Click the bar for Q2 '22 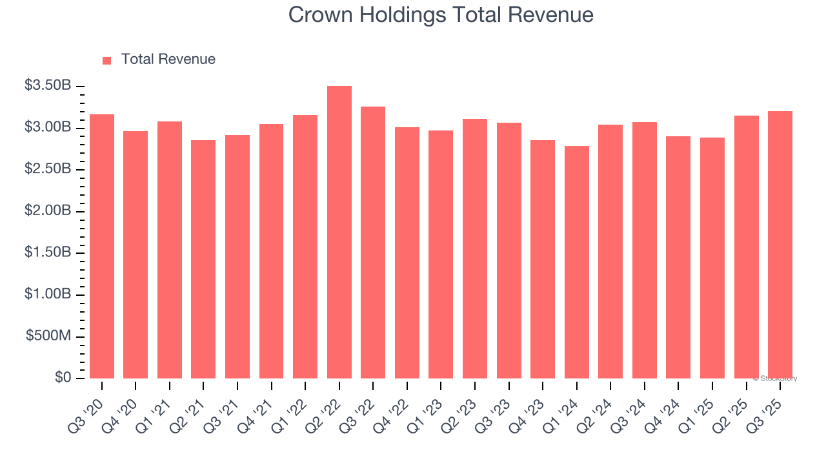coord(339,232)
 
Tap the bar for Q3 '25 coord(780,245)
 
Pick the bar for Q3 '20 coord(102,246)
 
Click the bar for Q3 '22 coord(373,242)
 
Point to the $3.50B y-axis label coord(48,86)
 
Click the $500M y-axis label coord(48,336)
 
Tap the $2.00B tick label coord(48,211)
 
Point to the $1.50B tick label coord(48,253)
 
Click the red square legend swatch coord(107,60)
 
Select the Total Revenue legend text coord(168,59)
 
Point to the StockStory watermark coord(775,378)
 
